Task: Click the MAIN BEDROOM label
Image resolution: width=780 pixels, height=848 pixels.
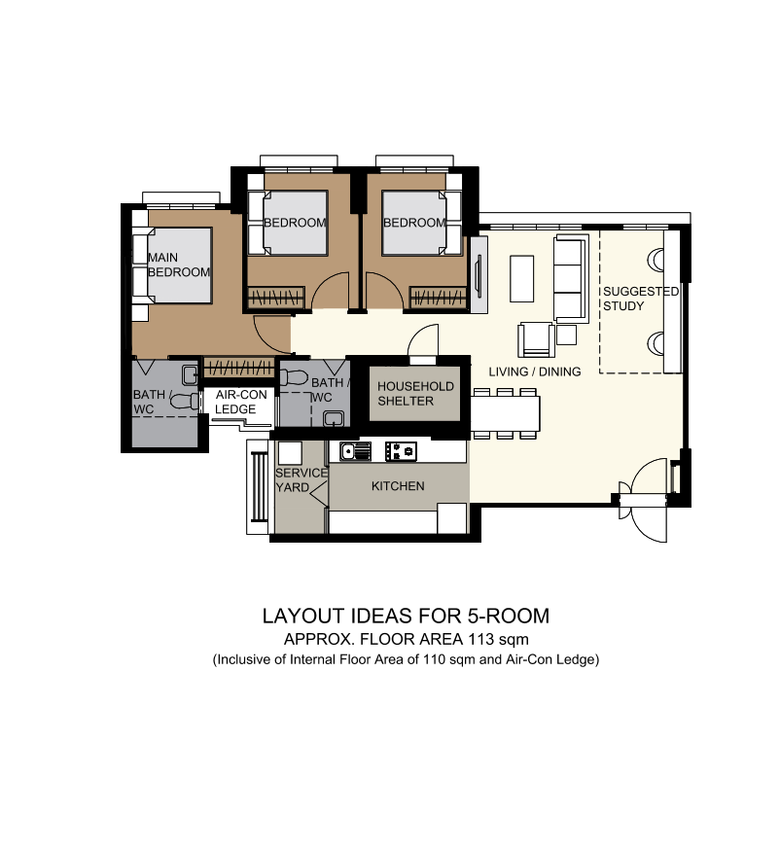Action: (178, 265)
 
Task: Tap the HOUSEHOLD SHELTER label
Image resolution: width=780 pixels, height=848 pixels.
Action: (415, 393)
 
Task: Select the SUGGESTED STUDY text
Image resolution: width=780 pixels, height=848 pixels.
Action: (639, 299)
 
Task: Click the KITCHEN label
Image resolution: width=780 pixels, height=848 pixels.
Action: (399, 485)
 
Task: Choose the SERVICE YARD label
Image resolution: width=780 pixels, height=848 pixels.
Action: (301, 479)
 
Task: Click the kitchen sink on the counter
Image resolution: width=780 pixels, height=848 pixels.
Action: (356, 451)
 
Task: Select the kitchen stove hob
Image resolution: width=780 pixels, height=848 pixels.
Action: (402, 451)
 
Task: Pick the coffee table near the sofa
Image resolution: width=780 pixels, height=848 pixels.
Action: (522, 279)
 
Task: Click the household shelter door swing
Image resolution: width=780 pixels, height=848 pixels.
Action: (424, 342)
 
